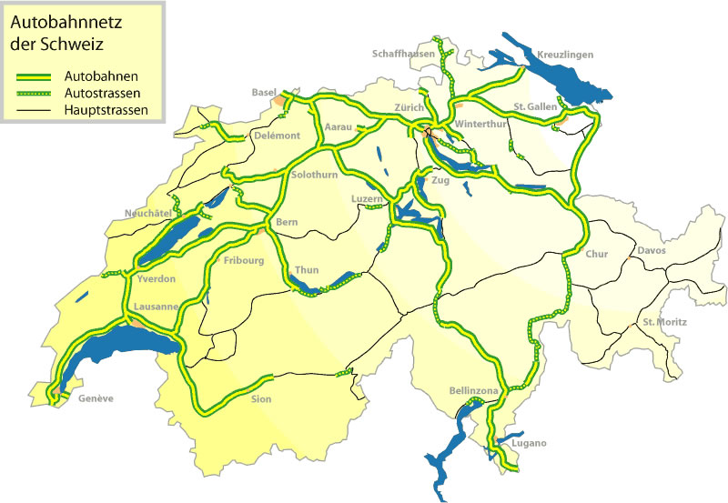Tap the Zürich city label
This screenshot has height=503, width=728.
click(410, 108)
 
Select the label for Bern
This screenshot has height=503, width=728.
click(288, 222)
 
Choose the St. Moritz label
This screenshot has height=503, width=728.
click(664, 322)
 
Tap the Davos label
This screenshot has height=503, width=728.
click(652, 250)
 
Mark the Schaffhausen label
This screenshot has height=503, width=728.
click(402, 55)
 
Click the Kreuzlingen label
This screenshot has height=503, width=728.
click(564, 55)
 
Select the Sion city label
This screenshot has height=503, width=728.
click(261, 398)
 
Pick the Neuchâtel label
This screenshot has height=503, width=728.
click(148, 214)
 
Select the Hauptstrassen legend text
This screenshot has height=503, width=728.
click(107, 111)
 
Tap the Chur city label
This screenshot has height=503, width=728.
click(597, 254)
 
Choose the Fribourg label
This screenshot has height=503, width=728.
click(243, 261)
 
